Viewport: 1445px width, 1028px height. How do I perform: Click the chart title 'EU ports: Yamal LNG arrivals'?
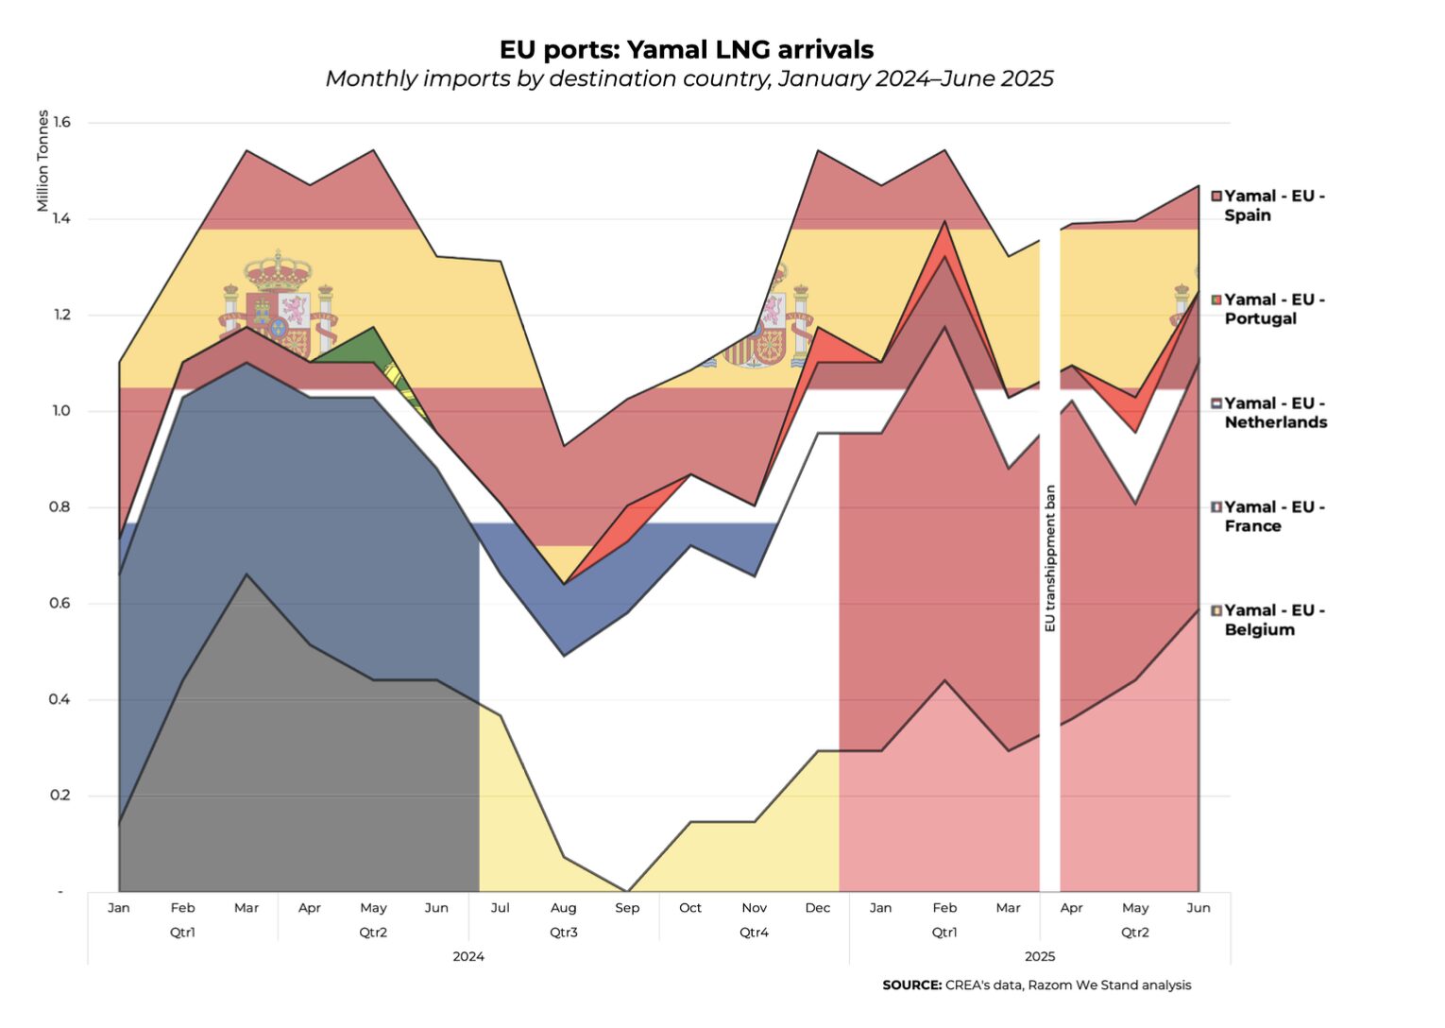686,49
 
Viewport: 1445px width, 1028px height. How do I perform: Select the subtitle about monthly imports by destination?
688,78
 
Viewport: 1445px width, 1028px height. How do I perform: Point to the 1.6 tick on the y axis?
61,122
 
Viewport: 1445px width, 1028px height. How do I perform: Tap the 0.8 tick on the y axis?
61,507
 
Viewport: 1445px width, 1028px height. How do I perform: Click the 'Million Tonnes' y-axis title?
42,161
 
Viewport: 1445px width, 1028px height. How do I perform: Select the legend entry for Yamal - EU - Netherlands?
1274,413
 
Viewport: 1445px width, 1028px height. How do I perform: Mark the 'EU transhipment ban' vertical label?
1050,558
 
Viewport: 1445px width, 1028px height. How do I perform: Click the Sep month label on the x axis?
627,908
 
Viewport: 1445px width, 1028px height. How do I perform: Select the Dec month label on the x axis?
818,908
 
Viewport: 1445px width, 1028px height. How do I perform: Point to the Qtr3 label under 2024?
564,933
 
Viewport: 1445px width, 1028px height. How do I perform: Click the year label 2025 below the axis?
1040,957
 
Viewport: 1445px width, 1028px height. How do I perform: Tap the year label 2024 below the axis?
468,957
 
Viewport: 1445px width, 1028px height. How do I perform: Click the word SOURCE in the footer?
911,985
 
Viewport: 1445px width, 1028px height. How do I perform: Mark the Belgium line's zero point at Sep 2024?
627,890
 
